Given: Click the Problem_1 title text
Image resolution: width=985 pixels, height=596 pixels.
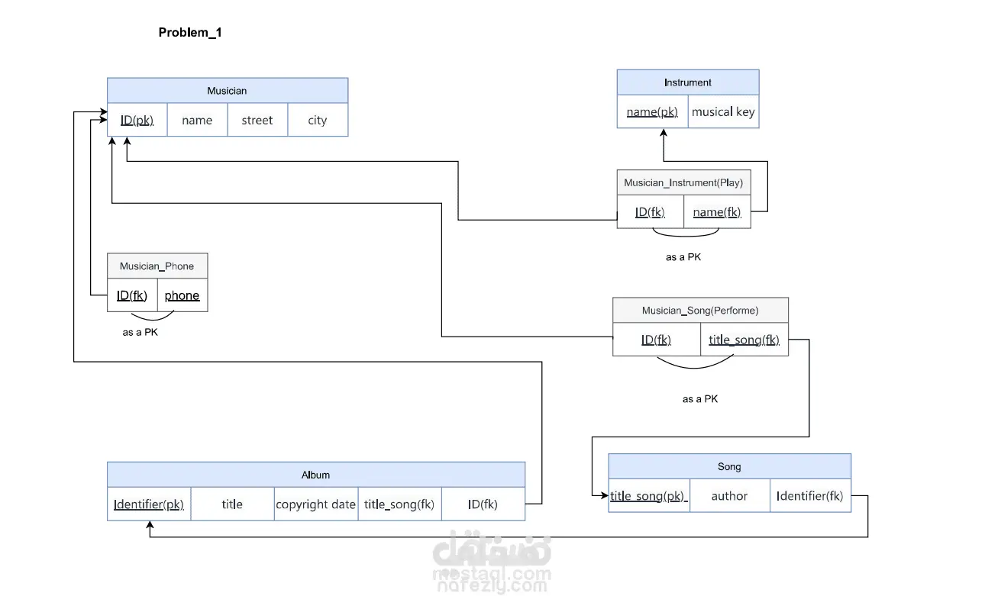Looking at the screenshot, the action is point(190,33).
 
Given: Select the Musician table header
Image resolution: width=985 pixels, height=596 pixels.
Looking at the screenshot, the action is point(228,91).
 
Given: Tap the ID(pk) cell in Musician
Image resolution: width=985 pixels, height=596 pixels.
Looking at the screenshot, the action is point(137,120).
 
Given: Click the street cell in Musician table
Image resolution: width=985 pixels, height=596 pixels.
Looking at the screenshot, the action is point(257,120).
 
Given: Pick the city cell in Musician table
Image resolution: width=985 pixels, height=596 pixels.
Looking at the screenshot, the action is point(318,120).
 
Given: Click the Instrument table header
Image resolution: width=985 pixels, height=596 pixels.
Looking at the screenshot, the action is point(688,82).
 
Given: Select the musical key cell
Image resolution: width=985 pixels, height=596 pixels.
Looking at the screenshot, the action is point(723,111).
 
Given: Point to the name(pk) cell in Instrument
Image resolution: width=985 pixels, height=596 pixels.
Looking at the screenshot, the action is point(653,111).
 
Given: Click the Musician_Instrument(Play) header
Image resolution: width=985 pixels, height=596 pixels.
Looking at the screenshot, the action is point(684,182).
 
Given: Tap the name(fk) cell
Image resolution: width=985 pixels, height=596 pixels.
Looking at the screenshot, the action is point(717,212).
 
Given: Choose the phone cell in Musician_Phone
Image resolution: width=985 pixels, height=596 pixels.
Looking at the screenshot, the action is point(182,295).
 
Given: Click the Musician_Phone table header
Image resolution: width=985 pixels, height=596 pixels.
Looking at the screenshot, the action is point(157,266).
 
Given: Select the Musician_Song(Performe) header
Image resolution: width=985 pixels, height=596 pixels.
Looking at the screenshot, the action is point(700,311).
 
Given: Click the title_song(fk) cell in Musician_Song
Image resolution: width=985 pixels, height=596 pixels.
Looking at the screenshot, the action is point(744,340).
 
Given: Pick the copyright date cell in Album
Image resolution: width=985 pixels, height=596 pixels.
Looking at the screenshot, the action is point(316,504).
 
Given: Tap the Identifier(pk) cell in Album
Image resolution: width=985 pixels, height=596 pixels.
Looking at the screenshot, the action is point(149,504).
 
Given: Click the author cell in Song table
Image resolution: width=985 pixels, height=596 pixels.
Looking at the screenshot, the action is point(729,496).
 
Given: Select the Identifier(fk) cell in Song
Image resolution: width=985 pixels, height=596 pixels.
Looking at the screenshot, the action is point(810,496).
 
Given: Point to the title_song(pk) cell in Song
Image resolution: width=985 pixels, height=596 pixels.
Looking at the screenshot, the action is point(649,496).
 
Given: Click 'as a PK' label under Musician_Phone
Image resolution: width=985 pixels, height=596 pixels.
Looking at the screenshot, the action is point(140,332).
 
